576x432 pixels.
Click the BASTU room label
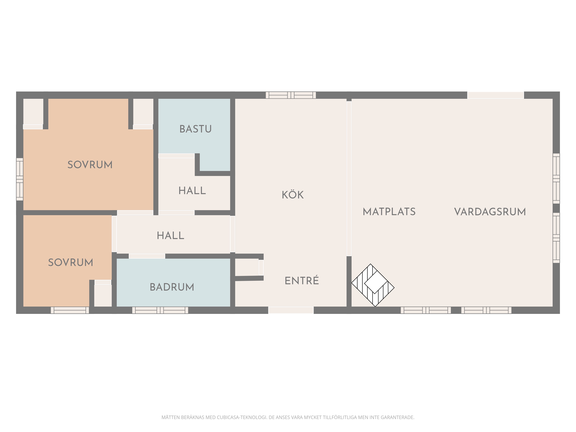[196, 129]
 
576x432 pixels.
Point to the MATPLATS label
[389, 212]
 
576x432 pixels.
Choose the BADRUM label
[172, 287]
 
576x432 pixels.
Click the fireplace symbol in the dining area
[373, 285]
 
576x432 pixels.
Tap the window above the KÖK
[291, 95]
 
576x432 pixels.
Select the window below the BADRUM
[160, 310]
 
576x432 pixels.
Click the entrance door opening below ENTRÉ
[291, 310]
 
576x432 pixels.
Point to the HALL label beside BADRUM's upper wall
[170, 236]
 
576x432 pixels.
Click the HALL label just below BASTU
[192, 191]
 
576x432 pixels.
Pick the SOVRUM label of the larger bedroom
[90, 165]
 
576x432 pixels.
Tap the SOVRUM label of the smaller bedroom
[71, 262]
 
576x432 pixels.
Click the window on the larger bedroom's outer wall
[20, 179]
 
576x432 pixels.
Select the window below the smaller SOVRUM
[70, 310]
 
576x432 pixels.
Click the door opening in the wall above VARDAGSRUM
[496, 95]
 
